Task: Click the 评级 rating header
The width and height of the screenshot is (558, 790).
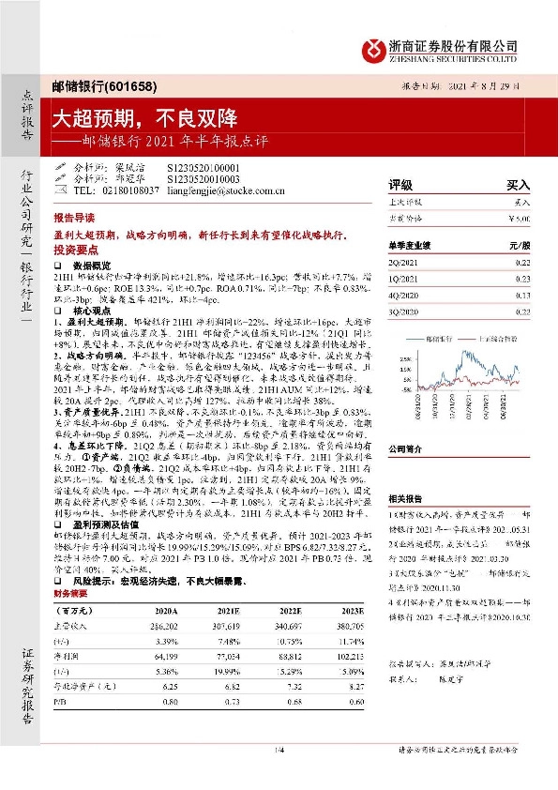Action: tap(400, 185)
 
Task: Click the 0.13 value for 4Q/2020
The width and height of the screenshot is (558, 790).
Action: tap(521, 294)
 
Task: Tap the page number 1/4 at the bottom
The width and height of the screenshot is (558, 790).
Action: tap(279, 748)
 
